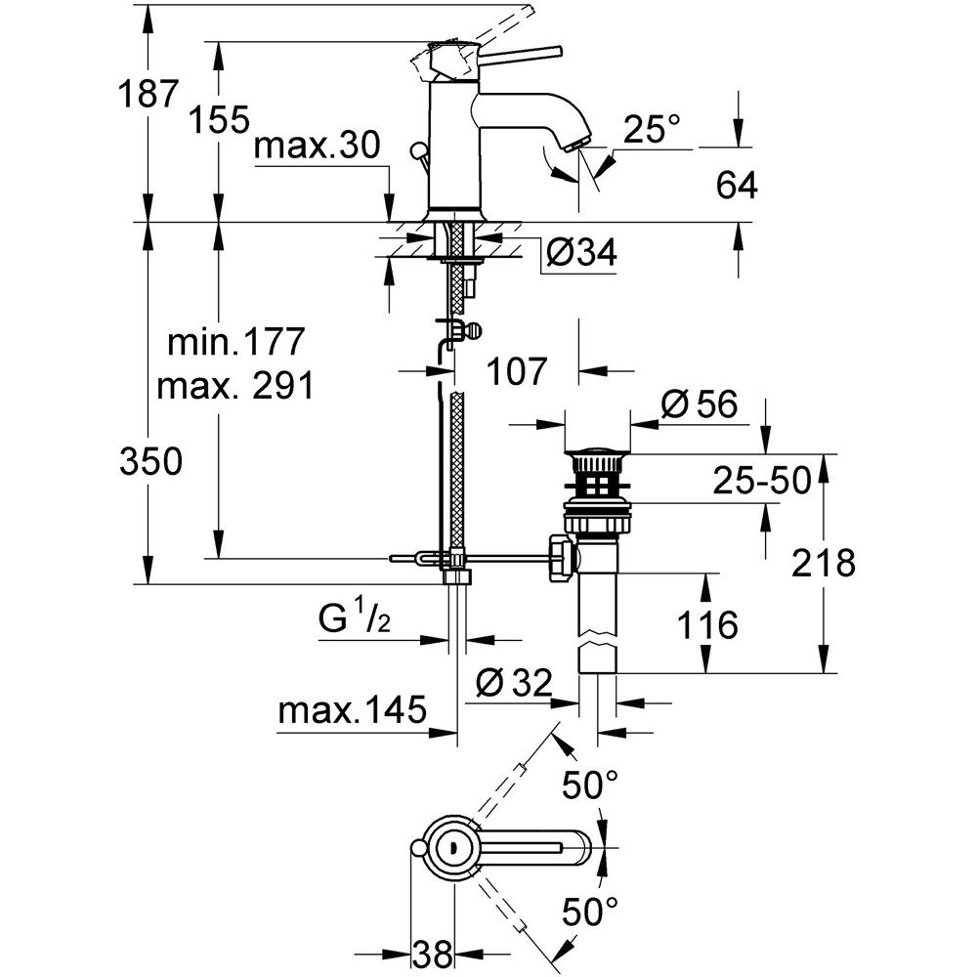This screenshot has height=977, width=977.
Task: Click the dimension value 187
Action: [x=149, y=96]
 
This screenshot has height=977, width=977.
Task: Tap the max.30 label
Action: [x=316, y=149]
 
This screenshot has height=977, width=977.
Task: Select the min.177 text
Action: [x=237, y=343]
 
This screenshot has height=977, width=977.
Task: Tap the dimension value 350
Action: [x=149, y=462]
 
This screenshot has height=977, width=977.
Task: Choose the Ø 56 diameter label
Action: [x=698, y=404]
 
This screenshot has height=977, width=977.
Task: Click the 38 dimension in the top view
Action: [x=431, y=952]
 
